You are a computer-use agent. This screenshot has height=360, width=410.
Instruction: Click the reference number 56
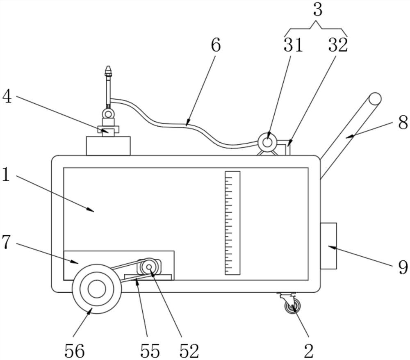point(75,351)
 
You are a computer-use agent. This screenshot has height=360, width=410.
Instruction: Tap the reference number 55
point(150,351)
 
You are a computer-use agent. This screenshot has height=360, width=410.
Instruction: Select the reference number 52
point(189,351)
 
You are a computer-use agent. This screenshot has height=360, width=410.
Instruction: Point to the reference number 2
point(309,351)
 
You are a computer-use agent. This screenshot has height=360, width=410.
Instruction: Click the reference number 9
point(403,267)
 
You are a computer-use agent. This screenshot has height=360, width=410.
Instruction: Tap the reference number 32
point(338,45)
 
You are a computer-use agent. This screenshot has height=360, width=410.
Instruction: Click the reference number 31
point(293,45)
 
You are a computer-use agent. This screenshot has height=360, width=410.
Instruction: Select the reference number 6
point(216,45)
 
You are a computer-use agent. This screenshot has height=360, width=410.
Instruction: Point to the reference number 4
point(7,97)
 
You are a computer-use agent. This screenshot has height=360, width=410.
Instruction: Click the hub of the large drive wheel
point(97,289)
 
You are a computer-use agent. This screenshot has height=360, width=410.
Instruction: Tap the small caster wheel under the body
point(292,306)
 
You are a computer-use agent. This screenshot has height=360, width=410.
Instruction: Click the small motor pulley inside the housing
point(148,267)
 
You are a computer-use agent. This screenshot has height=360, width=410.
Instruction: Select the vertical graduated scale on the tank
point(232,223)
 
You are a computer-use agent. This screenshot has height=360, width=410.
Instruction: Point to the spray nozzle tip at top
point(108,71)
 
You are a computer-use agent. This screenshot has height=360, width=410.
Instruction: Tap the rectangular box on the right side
point(328,246)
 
